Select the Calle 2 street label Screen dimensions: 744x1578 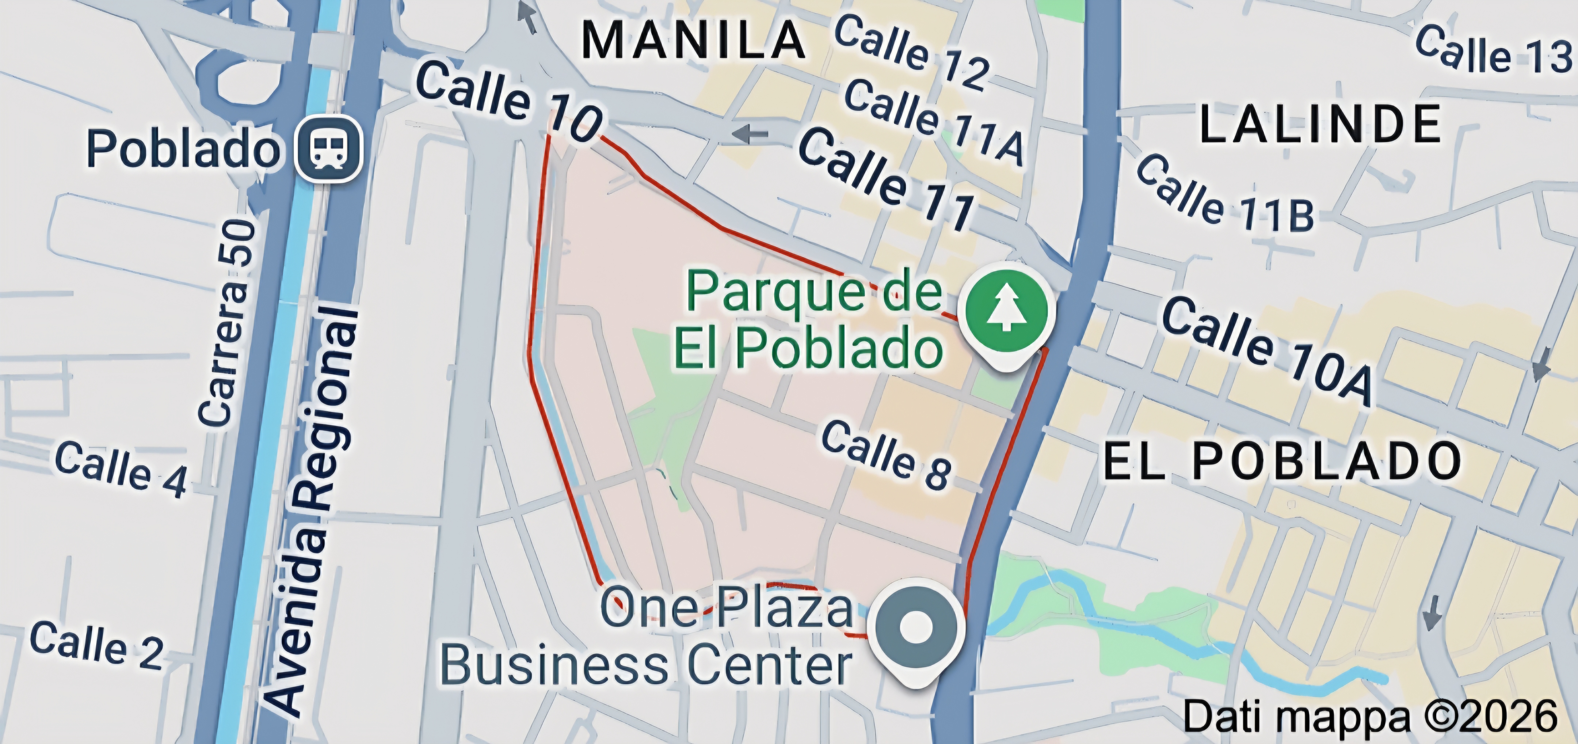click(97, 645)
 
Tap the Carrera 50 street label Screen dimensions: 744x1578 click(226, 323)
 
